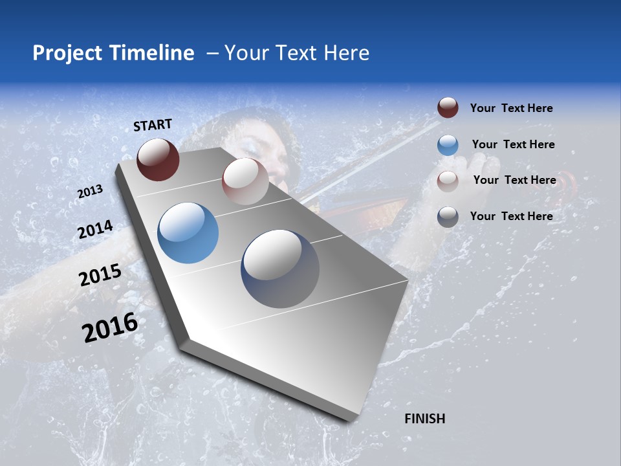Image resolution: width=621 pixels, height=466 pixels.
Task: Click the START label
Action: coord(153,125)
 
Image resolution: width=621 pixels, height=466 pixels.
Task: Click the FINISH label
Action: coord(424,419)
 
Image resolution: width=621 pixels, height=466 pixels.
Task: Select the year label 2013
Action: coord(90,192)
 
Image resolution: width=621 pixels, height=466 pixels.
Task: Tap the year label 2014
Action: coord(95,230)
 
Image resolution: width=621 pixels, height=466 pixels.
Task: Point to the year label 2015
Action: coord(100,275)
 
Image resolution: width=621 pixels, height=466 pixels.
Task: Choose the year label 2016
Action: coord(110,327)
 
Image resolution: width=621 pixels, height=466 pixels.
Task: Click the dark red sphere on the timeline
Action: coord(158,159)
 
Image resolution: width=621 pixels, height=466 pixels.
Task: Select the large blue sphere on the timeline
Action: coord(188,233)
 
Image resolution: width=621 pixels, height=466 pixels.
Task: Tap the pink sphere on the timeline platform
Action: coord(245,181)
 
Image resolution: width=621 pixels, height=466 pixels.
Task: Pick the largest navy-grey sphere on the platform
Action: coord(280,269)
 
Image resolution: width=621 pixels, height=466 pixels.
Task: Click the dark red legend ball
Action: coord(448,108)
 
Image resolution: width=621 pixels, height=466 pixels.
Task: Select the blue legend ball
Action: coord(448,145)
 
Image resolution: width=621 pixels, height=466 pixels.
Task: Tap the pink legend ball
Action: coord(448,181)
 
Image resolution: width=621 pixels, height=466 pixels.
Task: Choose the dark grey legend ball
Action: coord(448,217)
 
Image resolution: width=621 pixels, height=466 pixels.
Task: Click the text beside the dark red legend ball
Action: coord(511,108)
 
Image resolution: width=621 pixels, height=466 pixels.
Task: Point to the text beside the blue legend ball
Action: coord(513,144)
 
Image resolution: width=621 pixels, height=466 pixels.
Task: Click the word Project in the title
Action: coord(68,53)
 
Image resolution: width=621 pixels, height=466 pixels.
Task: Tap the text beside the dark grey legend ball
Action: coord(511,216)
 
